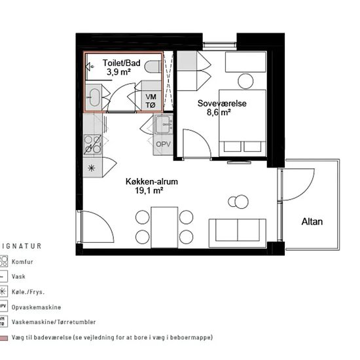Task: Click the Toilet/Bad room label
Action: [x=122, y=63]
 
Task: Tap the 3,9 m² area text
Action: [x=118, y=72]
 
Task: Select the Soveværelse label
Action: [x=222, y=103]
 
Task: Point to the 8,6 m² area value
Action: [x=219, y=113]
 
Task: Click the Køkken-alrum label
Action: [x=152, y=181]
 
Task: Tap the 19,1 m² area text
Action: [x=149, y=190]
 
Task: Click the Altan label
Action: [x=312, y=221]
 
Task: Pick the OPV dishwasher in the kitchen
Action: [x=163, y=144]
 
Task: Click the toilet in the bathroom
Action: [x=153, y=67]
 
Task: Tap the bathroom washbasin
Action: [x=94, y=98]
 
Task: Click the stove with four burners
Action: [x=92, y=145]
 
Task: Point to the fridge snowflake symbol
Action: [x=92, y=168]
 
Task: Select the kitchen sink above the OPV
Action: [x=163, y=124]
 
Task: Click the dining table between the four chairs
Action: [x=164, y=227]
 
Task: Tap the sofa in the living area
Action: [x=238, y=233]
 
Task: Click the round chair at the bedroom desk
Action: [x=245, y=81]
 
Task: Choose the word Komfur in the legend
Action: [x=22, y=262]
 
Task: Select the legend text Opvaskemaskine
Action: [x=36, y=307]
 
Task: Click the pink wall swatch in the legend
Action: [x=3, y=338]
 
